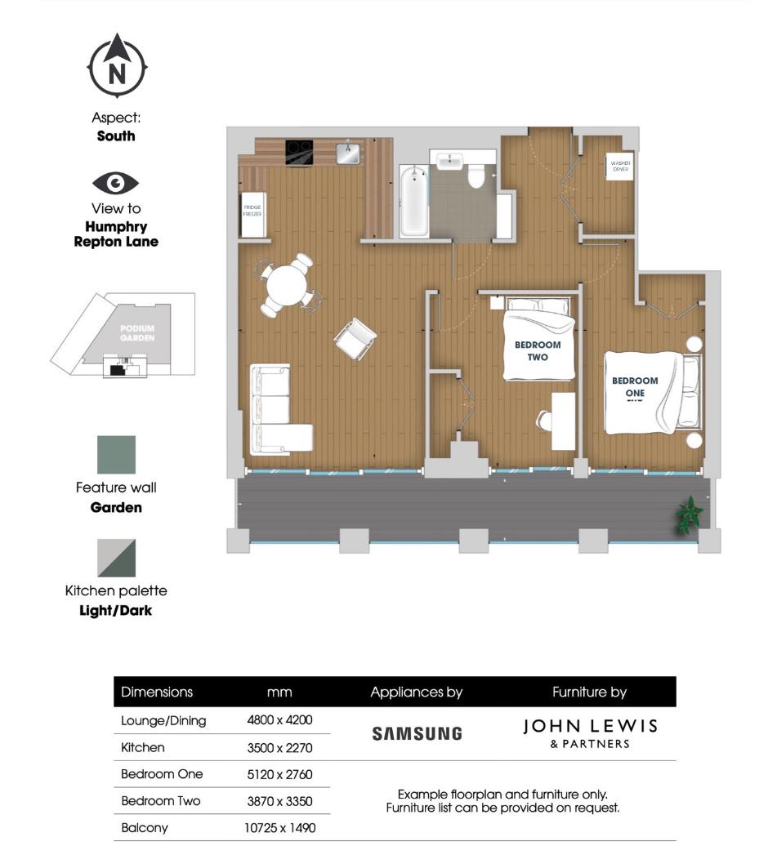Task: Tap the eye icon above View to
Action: (116, 182)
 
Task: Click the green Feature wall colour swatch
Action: (116, 455)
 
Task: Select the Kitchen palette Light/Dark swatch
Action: (116, 558)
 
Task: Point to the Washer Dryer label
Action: (620, 167)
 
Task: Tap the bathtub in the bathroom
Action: (413, 200)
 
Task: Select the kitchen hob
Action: (299, 152)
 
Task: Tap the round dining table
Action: (287, 286)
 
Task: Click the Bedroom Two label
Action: (537, 350)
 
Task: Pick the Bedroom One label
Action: (635, 386)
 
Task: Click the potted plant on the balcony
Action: (689, 515)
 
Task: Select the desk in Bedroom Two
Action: (563, 421)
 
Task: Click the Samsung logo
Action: (417, 733)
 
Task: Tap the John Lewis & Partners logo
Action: (590, 732)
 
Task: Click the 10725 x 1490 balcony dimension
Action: (279, 827)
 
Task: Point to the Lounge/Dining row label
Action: (163, 720)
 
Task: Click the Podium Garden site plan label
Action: (137, 332)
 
